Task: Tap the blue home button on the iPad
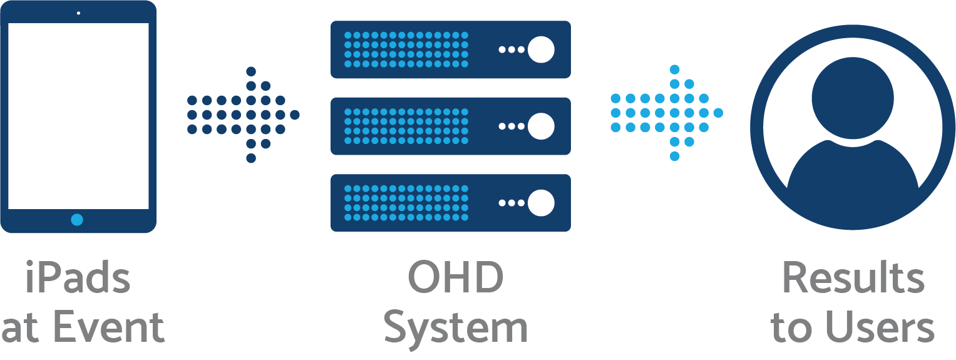pos(77,220)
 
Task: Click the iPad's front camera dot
pos(78,13)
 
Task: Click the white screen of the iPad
pos(78,116)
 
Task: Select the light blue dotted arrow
pos(667,113)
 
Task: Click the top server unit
pos(450,49)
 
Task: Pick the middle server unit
pos(450,126)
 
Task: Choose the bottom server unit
pos(450,202)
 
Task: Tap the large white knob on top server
pos(541,49)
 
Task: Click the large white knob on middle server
pos(541,126)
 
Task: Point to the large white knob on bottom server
pos(541,202)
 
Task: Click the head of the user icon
pos(852,98)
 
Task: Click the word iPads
pos(78,279)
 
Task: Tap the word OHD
pos(455,279)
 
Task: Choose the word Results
pos(853,279)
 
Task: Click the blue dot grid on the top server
pos(406,49)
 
